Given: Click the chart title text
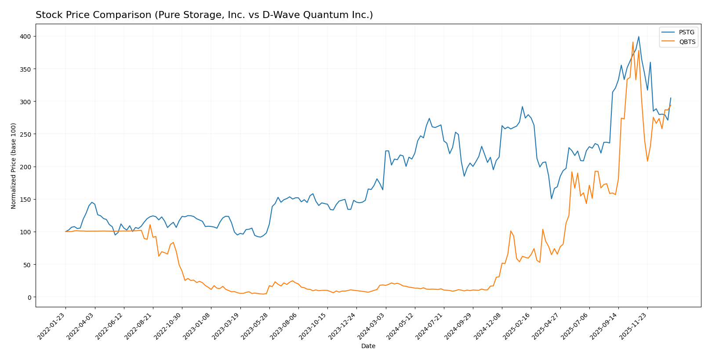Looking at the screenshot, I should click(x=204, y=15).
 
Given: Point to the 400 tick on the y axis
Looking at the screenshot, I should click(x=26, y=36).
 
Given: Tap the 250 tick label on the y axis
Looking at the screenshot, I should click(x=26, y=134).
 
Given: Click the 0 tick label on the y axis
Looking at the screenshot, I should click(x=29, y=298).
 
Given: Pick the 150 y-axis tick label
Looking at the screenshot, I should click(x=26, y=200).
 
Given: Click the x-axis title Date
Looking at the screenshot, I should click(x=368, y=346).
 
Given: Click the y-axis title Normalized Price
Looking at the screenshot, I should click(x=13, y=166).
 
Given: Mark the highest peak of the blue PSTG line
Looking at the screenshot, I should click(x=639, y=36).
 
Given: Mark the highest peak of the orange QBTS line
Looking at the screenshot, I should click(x=633, y=42).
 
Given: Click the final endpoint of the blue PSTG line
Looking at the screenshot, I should click(x=670, y=98).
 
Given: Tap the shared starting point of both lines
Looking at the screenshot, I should click(x=65, y=232).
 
